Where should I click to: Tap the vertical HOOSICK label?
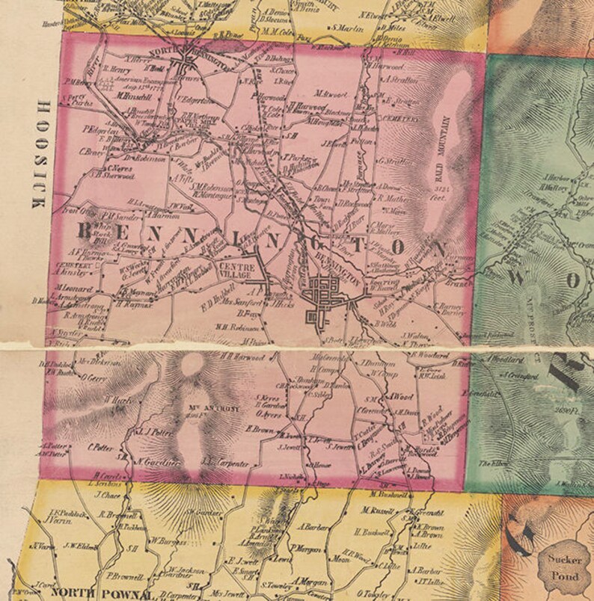39,153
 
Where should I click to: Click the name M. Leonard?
72,289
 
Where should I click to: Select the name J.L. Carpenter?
224,463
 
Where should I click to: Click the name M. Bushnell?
390,495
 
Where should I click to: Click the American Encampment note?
132,78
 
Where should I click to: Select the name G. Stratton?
396,160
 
